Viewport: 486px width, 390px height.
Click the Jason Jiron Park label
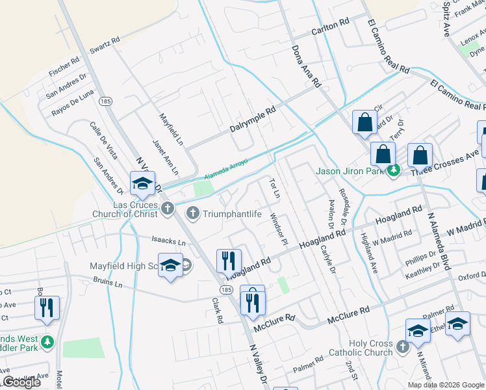(x=350, y=172)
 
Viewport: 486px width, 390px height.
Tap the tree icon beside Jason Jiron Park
(x=392, y=171)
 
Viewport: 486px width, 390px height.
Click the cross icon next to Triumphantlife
(x=192, y=213)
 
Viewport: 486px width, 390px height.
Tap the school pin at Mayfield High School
(x=170, y=266)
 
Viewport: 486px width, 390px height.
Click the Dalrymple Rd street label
(x=253, y=120)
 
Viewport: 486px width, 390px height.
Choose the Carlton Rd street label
(x=331, y=27)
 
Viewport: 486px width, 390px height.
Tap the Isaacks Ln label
(x=170, y=241)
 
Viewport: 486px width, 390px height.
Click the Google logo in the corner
(x=21, y=382)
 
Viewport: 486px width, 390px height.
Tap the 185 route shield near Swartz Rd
(x=105, y=101)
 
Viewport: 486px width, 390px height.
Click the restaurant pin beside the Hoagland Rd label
(x=229, y=261)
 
